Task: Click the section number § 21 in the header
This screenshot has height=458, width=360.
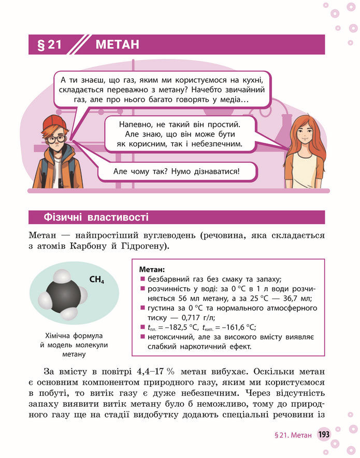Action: pos(50,45)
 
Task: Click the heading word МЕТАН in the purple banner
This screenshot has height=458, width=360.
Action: pos(117,45)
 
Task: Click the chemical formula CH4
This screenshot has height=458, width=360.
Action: pos(97,280)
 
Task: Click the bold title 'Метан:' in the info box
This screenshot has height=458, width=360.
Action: pos(152,270)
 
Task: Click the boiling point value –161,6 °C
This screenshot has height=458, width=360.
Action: pos(237,327)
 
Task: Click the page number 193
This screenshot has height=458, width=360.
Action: pos(324,434)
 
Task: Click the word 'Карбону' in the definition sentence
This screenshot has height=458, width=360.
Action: pos(96,246)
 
